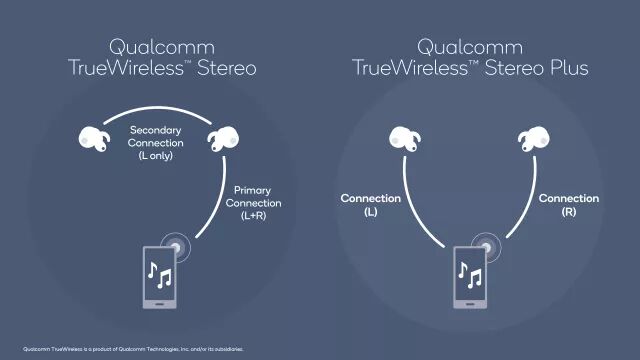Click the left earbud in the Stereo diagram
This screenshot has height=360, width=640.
(94, 138)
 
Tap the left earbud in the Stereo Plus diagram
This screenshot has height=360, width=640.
(404, 138)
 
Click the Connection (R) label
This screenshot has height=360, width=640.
(568, 204)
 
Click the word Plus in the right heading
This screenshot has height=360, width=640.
(560, 68)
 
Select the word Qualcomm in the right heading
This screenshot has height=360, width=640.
(470, 46)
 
